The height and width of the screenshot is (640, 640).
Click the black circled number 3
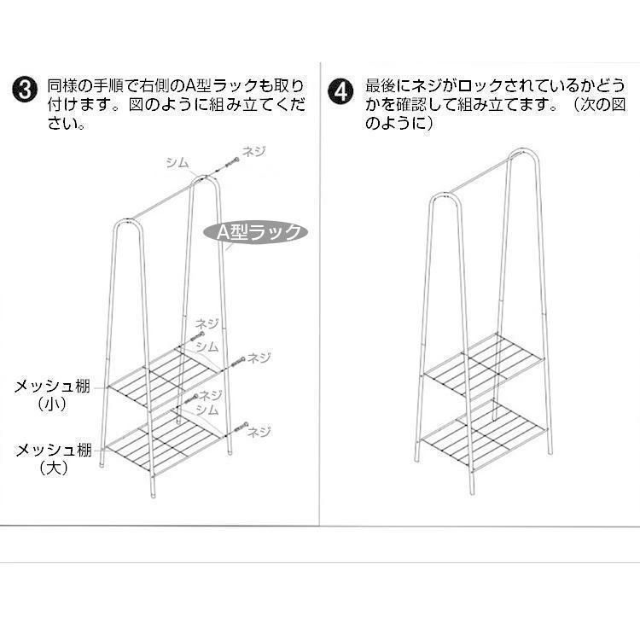click(25, 90)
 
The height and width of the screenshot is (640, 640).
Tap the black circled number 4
click(340, 92)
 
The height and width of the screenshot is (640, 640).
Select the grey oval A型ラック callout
click(255, 232)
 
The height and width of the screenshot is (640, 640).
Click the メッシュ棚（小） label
click(52, 395)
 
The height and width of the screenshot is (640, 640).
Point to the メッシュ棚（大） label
click(53, 459)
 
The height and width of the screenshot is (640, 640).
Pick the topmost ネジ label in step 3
click(253, 151)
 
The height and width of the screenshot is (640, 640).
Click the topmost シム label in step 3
click(177, 162)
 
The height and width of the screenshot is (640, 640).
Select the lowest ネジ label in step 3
click(259, 432)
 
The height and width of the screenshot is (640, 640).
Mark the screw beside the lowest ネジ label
click(239, 428)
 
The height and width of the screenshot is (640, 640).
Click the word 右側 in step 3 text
click(154, 85)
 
